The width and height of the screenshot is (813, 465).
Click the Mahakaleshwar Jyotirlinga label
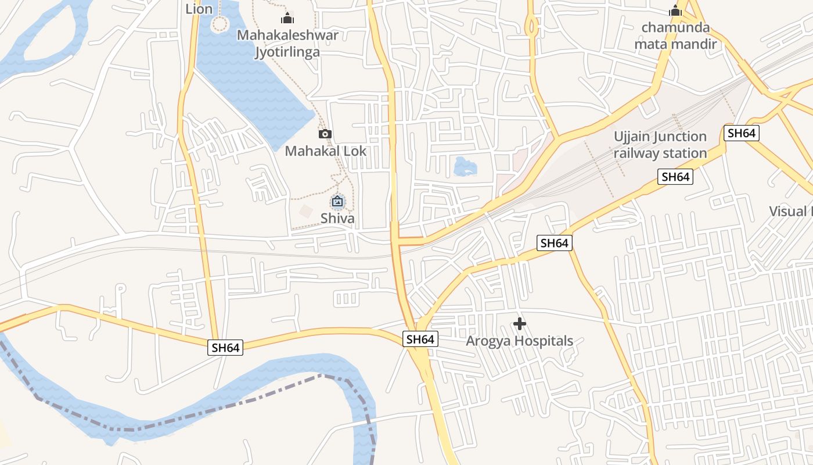coord(287,44)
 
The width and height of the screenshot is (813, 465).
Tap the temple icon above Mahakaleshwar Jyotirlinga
coord(287,17)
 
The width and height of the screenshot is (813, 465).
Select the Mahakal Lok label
coord(325,151)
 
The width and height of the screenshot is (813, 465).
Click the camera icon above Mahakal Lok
coord(325,134)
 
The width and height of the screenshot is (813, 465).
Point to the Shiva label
coord(337,219)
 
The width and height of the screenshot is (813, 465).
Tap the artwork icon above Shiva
coord(337,202)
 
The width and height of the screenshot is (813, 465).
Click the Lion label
coord(199,9)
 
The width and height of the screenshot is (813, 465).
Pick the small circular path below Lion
coord(220,24)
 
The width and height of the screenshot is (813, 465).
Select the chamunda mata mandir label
coord(675,35)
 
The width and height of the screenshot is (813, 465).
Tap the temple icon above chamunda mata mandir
coord(675,10)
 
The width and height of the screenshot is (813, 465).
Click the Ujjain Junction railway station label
coord(660,145)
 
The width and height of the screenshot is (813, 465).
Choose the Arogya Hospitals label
coord(519,341)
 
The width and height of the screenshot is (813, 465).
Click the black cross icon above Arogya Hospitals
coord(520,324)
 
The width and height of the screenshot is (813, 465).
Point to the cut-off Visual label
coord(790,211)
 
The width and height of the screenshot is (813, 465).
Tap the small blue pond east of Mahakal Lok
coord(465,167)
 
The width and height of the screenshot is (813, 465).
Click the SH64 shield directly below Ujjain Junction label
coord(675,177)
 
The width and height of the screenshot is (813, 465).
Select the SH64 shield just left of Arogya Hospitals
coord(420,339)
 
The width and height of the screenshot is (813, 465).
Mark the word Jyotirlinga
coord(287,52)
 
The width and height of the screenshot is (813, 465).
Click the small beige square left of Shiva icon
coord(305,211)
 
